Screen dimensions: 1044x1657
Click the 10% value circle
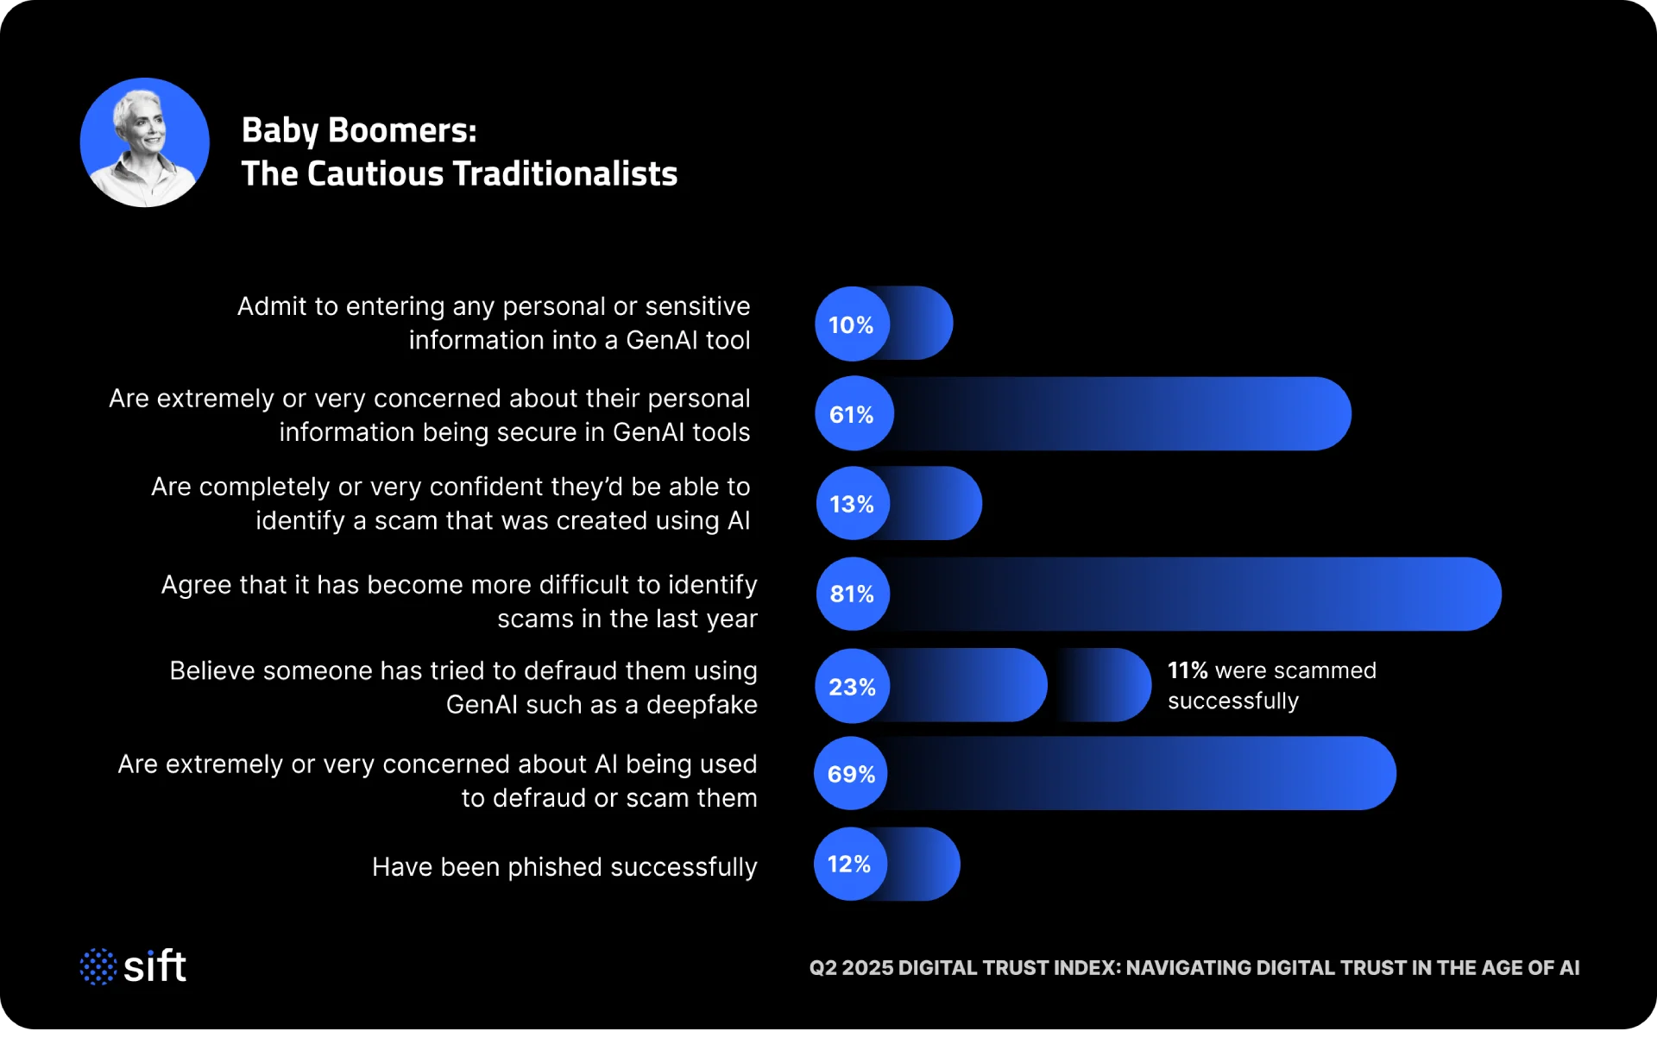coord(852,324)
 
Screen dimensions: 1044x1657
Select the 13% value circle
coord(853,504)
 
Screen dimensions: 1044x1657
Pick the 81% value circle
coord(853,594)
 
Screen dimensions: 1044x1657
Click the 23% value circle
coord(853,687)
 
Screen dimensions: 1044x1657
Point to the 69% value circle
coord(851,774)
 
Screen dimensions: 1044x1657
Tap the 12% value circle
coord(850,865)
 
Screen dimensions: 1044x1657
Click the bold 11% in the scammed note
coord(1188,670)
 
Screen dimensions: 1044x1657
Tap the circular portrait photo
coord(145,142)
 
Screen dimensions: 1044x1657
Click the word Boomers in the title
coord(401,130)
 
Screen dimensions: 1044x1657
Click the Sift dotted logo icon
coord(98,966)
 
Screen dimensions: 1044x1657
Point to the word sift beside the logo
coord(155,966)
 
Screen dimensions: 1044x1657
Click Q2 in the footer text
coord(822,968)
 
